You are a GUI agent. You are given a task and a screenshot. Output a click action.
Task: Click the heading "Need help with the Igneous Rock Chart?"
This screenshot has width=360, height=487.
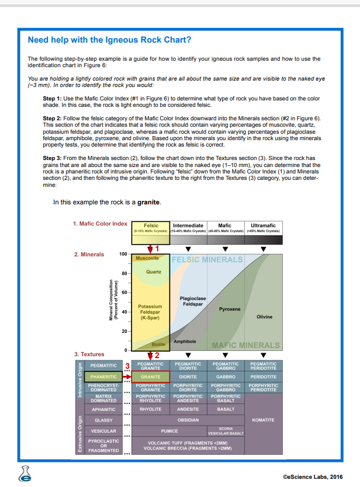(x=109, y=40)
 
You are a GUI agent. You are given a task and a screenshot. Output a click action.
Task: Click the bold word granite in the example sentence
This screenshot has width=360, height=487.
(x=148, y=203)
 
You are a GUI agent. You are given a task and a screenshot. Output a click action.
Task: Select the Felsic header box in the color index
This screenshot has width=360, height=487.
(x=150, y=228)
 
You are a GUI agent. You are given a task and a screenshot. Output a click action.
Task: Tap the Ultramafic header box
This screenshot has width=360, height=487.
(x=264, y=228)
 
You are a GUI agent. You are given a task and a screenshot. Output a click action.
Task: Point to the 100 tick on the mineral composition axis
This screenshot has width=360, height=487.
(x=123, y=255)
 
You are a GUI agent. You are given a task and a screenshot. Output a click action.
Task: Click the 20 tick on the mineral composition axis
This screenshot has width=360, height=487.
(x=125, y=331)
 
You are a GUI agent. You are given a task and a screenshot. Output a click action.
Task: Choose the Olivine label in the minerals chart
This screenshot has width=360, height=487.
(x=264, y=316)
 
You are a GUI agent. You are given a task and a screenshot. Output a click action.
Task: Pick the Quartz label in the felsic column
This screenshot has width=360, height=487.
(x=154, y=272)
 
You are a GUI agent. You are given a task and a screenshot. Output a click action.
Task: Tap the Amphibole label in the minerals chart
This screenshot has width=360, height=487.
(x=185, y=341)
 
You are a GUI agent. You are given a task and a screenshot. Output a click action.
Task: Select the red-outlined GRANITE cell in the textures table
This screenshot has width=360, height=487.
(x=150, y=377)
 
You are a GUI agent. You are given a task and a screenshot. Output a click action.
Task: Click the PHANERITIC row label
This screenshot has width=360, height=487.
(x=103, y=377)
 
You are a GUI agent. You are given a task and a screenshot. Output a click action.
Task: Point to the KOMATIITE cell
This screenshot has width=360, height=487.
(x=264, y=419)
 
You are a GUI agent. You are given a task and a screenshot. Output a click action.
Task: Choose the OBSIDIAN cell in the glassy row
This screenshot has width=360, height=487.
(x=188, y=419)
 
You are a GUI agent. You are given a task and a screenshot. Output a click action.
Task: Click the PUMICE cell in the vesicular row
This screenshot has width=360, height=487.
(x=169, y=431)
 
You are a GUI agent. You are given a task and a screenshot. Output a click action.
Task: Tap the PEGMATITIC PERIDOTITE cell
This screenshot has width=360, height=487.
(x=264, y=366)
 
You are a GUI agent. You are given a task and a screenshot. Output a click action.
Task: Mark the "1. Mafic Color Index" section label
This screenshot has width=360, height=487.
(x=100, y=224)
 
